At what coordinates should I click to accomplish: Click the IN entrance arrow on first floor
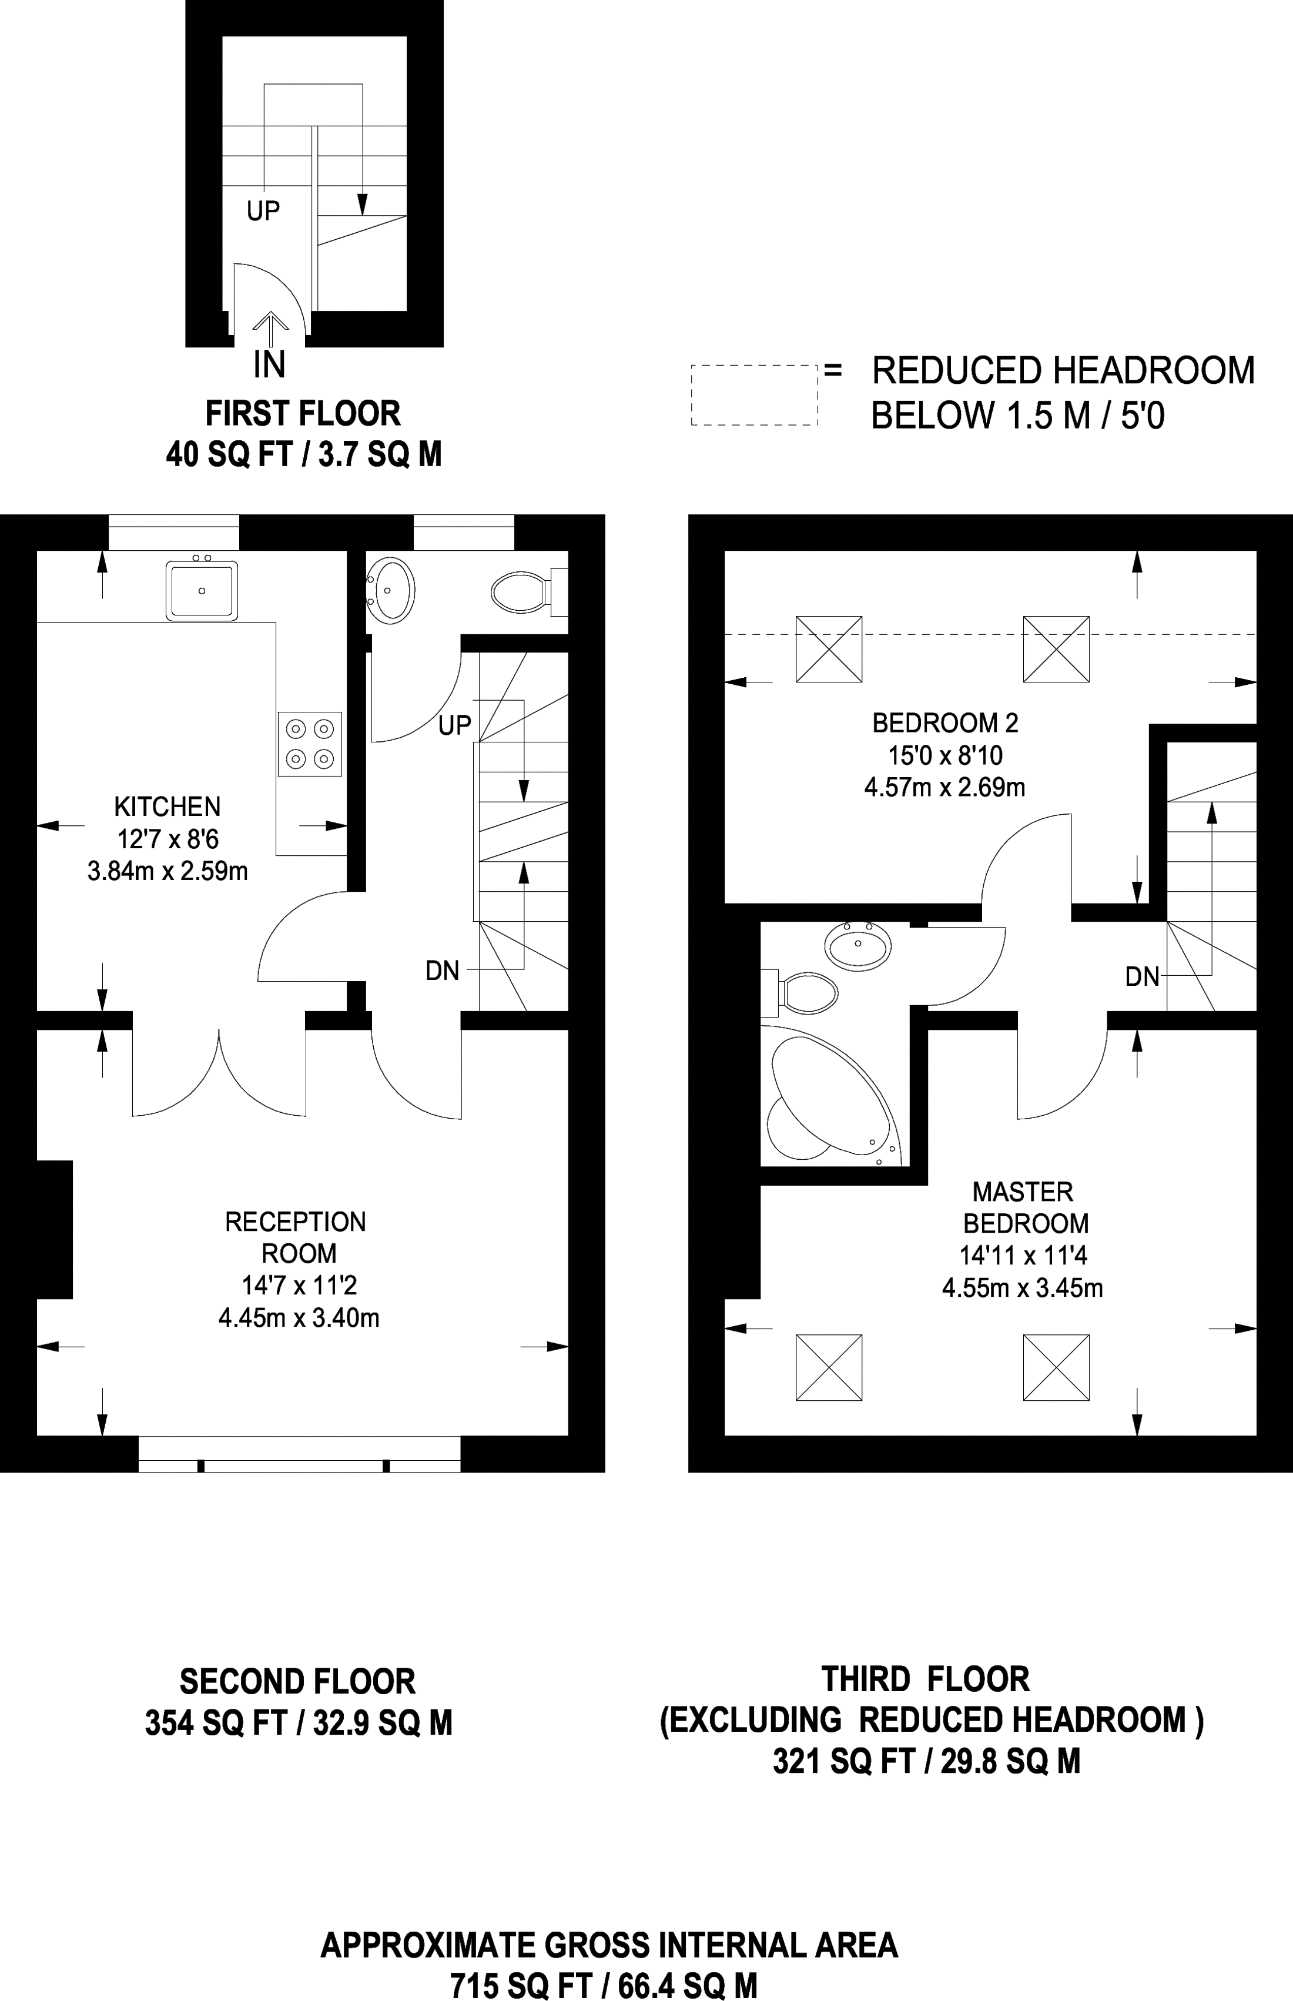270,329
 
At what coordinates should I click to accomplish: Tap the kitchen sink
202,590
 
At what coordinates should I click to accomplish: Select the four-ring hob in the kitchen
310,743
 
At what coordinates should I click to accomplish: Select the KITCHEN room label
167,807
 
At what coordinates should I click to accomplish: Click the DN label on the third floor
1143,976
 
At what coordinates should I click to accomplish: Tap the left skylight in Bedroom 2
829,648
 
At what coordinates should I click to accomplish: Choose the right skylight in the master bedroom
1056,1367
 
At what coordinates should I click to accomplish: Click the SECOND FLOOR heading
298,1681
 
